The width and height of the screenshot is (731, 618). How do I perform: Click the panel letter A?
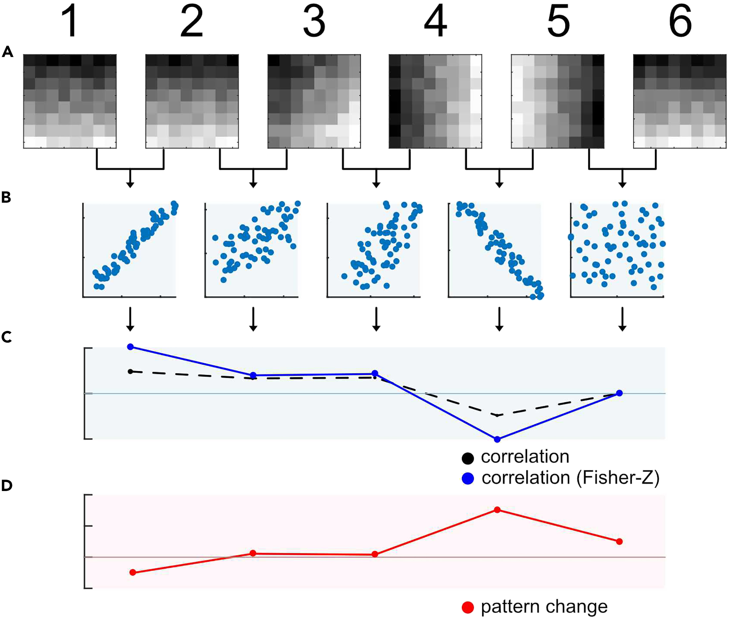[x=7, y=52]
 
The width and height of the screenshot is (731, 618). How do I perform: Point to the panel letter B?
[x=6, y=198]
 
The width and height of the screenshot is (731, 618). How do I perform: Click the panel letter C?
[x=7, y=337]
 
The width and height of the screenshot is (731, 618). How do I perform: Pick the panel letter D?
[x=7, y=485]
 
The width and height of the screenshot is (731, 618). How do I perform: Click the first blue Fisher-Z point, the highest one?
[x=130, y=347]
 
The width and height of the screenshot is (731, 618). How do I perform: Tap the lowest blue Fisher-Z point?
[x=497, y=439]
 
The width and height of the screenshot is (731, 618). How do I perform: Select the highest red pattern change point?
[x=497, y=510]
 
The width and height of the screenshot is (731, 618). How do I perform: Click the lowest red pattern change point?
[x=132, y=572]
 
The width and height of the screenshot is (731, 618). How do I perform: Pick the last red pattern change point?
[x=619, y=542]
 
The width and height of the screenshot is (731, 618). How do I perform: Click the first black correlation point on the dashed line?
[x=130, y=371]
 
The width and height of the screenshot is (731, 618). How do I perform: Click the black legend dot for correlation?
[x=468, y=458]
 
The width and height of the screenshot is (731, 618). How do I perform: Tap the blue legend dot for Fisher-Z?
[x=468, y=478]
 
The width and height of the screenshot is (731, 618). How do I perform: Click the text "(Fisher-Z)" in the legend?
[x=618, y=478]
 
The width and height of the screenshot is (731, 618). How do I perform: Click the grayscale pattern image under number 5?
[x=558, y=101]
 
